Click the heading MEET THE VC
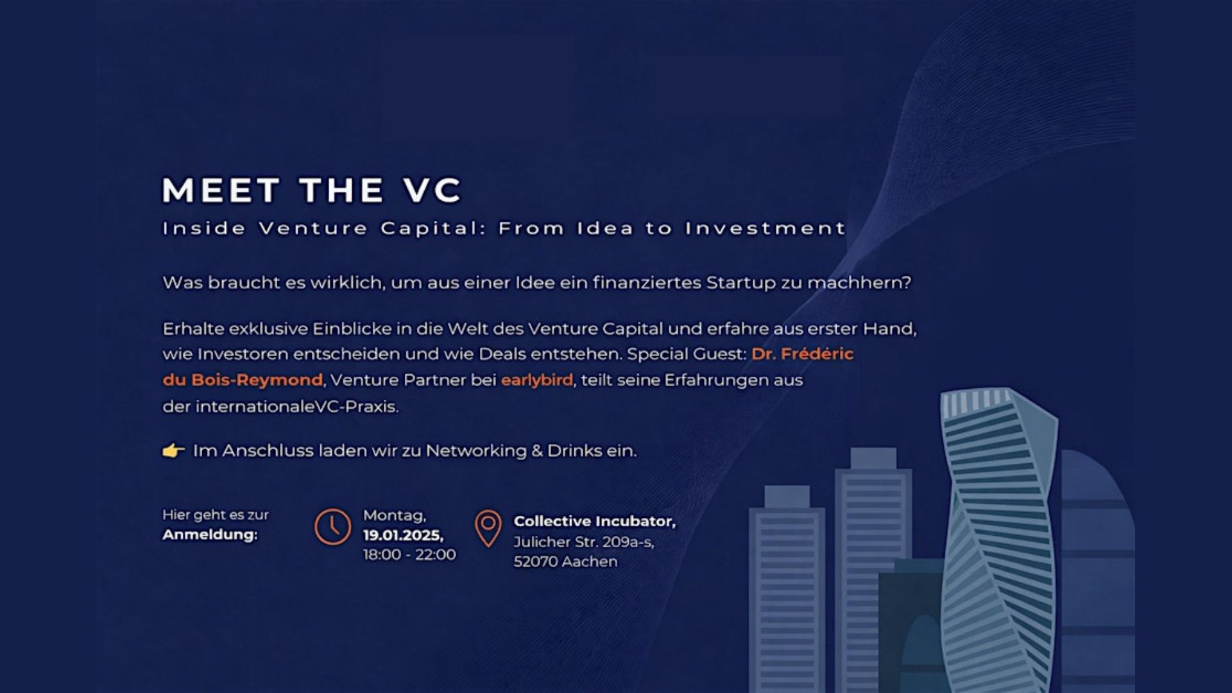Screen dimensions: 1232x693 pyautogui.click(x=312, y=190)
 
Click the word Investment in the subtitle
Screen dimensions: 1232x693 pyautogui.click(x=766, y=228)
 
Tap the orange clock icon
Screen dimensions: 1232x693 pyautogui.click(x=332, y=527)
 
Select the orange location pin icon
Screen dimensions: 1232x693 pyautogui.click(x=488, y=528)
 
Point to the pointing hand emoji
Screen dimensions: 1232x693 pyautogui.click(x=173, y=450)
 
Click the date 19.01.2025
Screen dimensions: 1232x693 pyautogui.click(x=404, y=535)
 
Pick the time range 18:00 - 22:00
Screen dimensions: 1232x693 pyautogui.click(x=409, y=554)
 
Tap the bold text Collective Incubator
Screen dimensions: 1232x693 pyautogui.click(x=595, y=521)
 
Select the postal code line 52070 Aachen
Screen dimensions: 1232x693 pyautogui.click(x=565, y=561)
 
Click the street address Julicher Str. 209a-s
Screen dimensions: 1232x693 pyautogui.click(x=584, y=542)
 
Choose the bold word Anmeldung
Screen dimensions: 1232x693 pyautogui.click(x=210, y=535)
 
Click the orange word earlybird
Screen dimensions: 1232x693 pyautogui.click(x=537, y=380)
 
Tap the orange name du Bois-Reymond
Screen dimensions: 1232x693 pyautogui.click(x=243, y=380)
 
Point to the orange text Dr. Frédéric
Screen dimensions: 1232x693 pyautogui.click(x=803, y=354)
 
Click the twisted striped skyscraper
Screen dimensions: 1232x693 pyautogui.click(x=998, y=539)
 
